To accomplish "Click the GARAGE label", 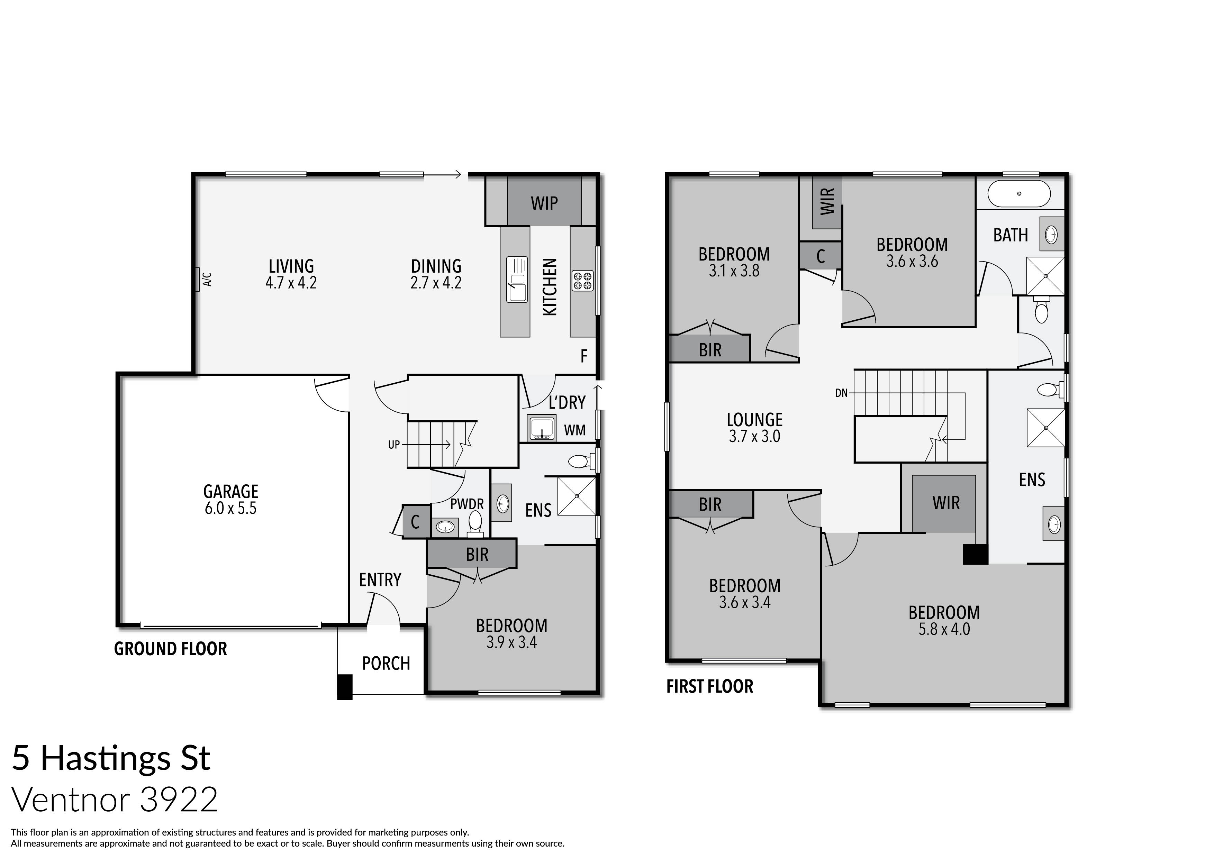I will [x=230, y=491].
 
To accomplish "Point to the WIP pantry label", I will [x=544, y=203].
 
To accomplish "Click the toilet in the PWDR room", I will [x=475, y=521].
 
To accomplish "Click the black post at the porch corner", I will [x=345, y=687].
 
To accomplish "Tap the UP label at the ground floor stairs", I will [x=394, y=445].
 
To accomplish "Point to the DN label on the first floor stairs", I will [x=841, y=393].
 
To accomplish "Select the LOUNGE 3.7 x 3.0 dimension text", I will [x=754, y=437].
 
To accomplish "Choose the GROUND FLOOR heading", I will [x=170, y=649].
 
